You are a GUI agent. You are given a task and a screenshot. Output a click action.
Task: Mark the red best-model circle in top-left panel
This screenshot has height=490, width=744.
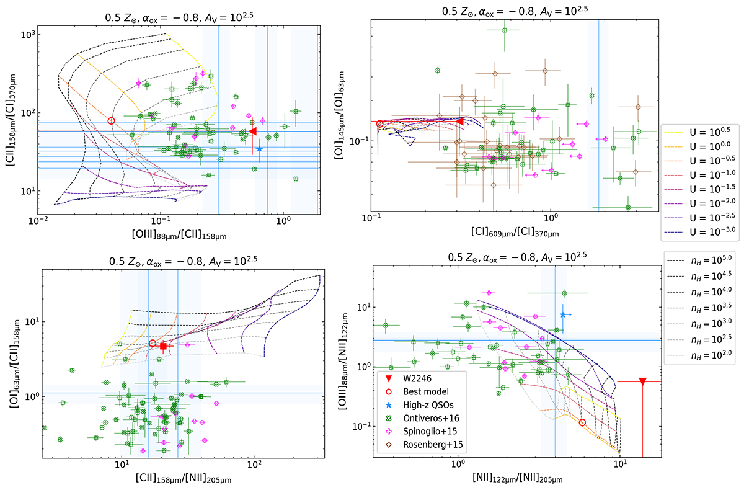(x=111, y=121)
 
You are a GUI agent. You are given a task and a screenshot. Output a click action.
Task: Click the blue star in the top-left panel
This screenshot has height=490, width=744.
(x=259, y=148)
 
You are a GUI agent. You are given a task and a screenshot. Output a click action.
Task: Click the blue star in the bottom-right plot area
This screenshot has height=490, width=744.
(x=562, y=315)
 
